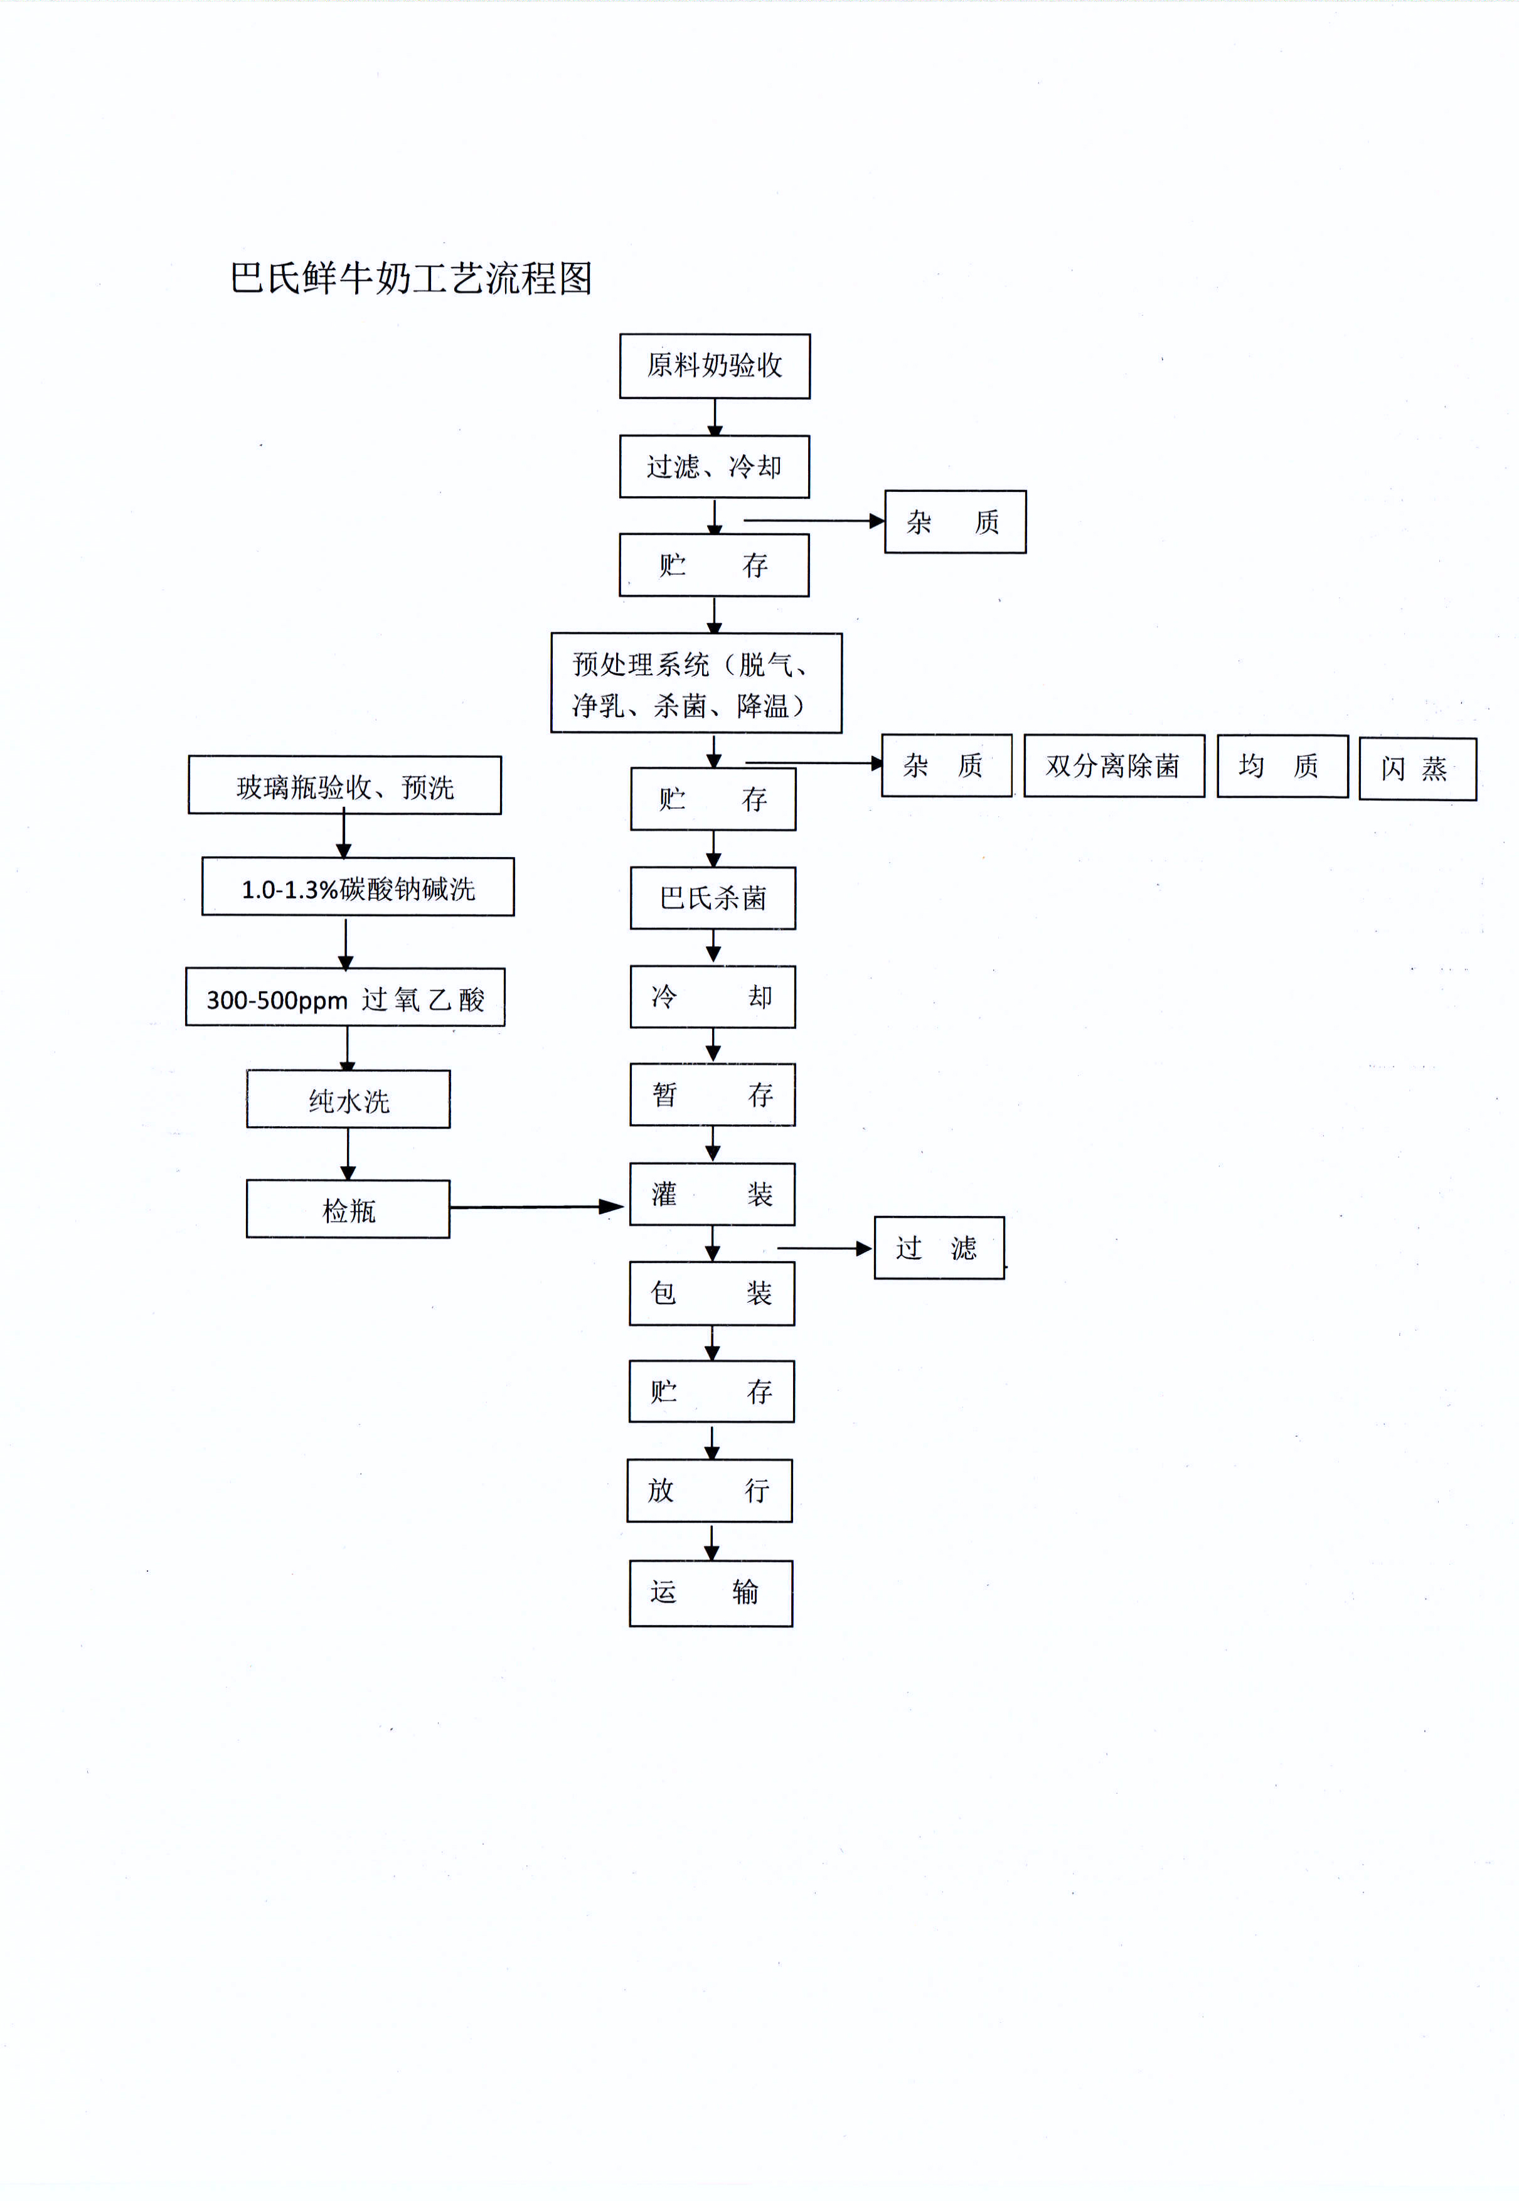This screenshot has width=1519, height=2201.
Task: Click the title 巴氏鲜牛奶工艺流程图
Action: click(x=411, y=278)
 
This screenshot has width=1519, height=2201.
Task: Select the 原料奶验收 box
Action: click(x=714, y=365)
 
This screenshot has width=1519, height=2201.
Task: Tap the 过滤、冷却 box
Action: click(x=714, y=466)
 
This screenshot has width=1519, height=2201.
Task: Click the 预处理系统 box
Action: click(x=696, y=683)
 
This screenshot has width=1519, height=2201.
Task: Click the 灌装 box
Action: click(x=712, y=1193)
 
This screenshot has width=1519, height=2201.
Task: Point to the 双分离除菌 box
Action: click(x=1114, y=766)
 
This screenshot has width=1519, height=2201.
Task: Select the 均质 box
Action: click(x=1282, y=766)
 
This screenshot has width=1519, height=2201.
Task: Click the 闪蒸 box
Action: click(x=1417, y=769)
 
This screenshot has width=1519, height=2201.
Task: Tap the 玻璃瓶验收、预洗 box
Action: click(x=344, y=786)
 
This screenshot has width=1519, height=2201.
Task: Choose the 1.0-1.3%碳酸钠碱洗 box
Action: click(x=358, y=887)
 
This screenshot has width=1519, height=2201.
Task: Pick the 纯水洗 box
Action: click(x=348, y=1099)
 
